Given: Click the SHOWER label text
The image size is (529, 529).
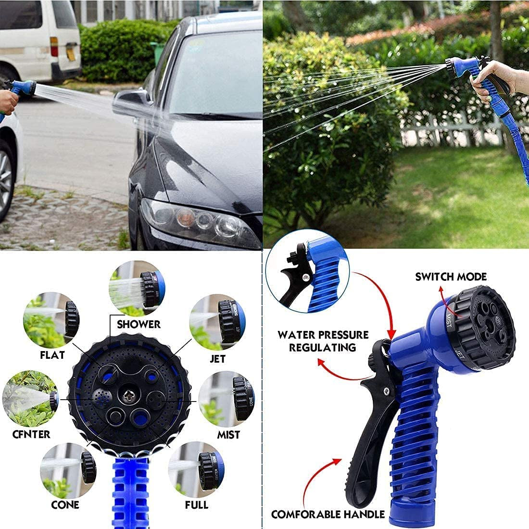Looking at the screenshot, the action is click(139, 324).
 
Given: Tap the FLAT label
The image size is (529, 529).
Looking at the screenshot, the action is click(52, 355).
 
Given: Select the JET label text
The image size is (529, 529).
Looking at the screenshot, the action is click(217, 359).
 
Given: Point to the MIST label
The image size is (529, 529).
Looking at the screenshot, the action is click(228, 435).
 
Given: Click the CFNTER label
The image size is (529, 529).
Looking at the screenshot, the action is click(31, 434).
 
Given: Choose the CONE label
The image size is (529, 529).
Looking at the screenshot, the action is click(65, 504).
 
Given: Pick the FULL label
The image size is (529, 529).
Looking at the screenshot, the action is click(197, 504).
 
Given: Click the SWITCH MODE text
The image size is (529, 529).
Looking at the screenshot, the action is click(451, 277).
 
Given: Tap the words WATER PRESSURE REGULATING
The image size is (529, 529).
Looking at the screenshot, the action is click(323, 341).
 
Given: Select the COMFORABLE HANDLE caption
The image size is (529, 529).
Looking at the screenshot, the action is click(328, 514).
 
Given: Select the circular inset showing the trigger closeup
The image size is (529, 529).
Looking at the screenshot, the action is click(307, 272).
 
